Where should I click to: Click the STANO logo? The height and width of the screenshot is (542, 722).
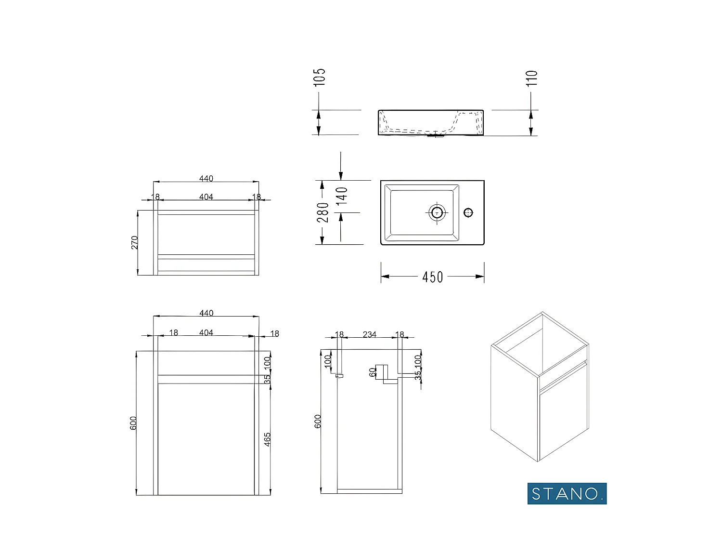567,493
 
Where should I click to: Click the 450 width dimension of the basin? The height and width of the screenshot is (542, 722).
432,277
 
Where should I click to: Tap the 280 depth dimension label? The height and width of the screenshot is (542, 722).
323,212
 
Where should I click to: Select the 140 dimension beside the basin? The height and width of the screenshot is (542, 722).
342,196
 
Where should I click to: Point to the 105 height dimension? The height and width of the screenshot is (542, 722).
320,77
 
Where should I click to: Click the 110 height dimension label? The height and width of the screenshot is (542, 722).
531,79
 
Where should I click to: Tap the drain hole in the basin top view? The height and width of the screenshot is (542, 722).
437,212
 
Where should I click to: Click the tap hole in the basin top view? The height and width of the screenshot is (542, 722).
468,212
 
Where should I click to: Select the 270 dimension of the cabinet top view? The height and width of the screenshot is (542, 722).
135,242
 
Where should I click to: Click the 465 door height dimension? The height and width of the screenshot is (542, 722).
268,439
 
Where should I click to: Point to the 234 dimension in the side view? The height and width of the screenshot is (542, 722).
369,334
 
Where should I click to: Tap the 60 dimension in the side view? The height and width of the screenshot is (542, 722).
372,372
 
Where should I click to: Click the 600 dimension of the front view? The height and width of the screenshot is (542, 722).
133,423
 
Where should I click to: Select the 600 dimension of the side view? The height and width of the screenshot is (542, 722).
317,421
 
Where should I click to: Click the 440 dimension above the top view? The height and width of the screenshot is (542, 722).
206,179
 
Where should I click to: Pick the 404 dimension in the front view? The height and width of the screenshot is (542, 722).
206,333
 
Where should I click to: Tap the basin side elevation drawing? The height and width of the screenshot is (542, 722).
430,123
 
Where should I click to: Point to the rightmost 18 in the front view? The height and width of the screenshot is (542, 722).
274,333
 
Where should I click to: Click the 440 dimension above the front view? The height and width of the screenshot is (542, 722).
206,313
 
